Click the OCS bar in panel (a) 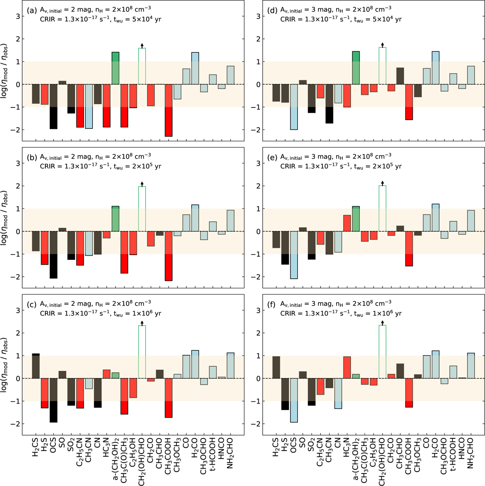[53, 107]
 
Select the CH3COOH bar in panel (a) [169, 110]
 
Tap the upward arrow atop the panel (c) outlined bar [142, 323]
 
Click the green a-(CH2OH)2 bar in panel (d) [356, 68]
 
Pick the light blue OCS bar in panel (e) [294, 255]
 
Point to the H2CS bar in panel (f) [276, 367]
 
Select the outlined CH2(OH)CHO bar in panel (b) [142, 209]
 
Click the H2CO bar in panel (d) [436, 68]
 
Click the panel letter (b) [31, 158]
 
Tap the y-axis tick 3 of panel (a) [18, 17]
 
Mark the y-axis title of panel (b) [4, 217]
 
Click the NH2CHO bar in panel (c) [230, 366]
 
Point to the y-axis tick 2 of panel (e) [259, 186]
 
